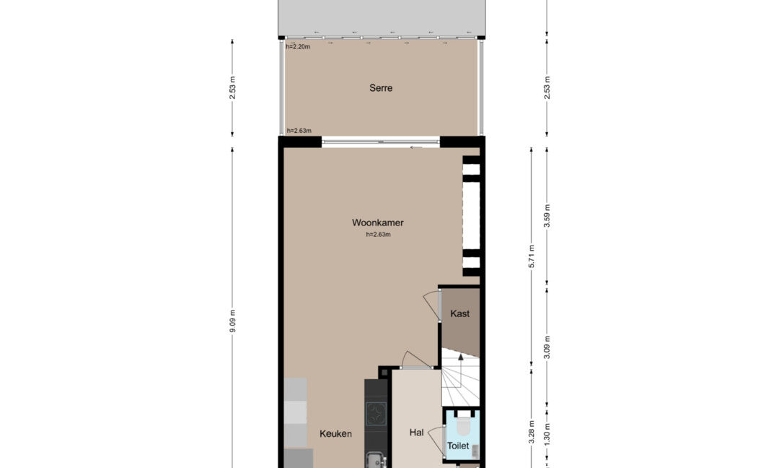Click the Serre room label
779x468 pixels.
point(381,88)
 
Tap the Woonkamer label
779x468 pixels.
point(377,223)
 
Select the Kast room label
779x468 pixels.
point(459,314)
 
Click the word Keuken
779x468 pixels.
point(335,433)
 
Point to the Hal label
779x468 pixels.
point(416,433)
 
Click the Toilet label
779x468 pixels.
point(457,446)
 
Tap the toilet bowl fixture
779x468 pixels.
point(463,423)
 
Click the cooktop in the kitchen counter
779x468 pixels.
point(376,413)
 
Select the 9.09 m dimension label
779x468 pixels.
point(232,321)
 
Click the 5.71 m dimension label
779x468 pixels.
point(531,256)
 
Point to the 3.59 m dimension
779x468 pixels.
point(547,216)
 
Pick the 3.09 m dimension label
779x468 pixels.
point(547,347)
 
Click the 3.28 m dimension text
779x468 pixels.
point(531,432)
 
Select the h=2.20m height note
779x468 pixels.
point(298,47)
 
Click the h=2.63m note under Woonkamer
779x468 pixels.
point(378,235)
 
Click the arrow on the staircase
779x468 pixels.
point(460,357)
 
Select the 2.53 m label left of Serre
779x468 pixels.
point(232,87)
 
